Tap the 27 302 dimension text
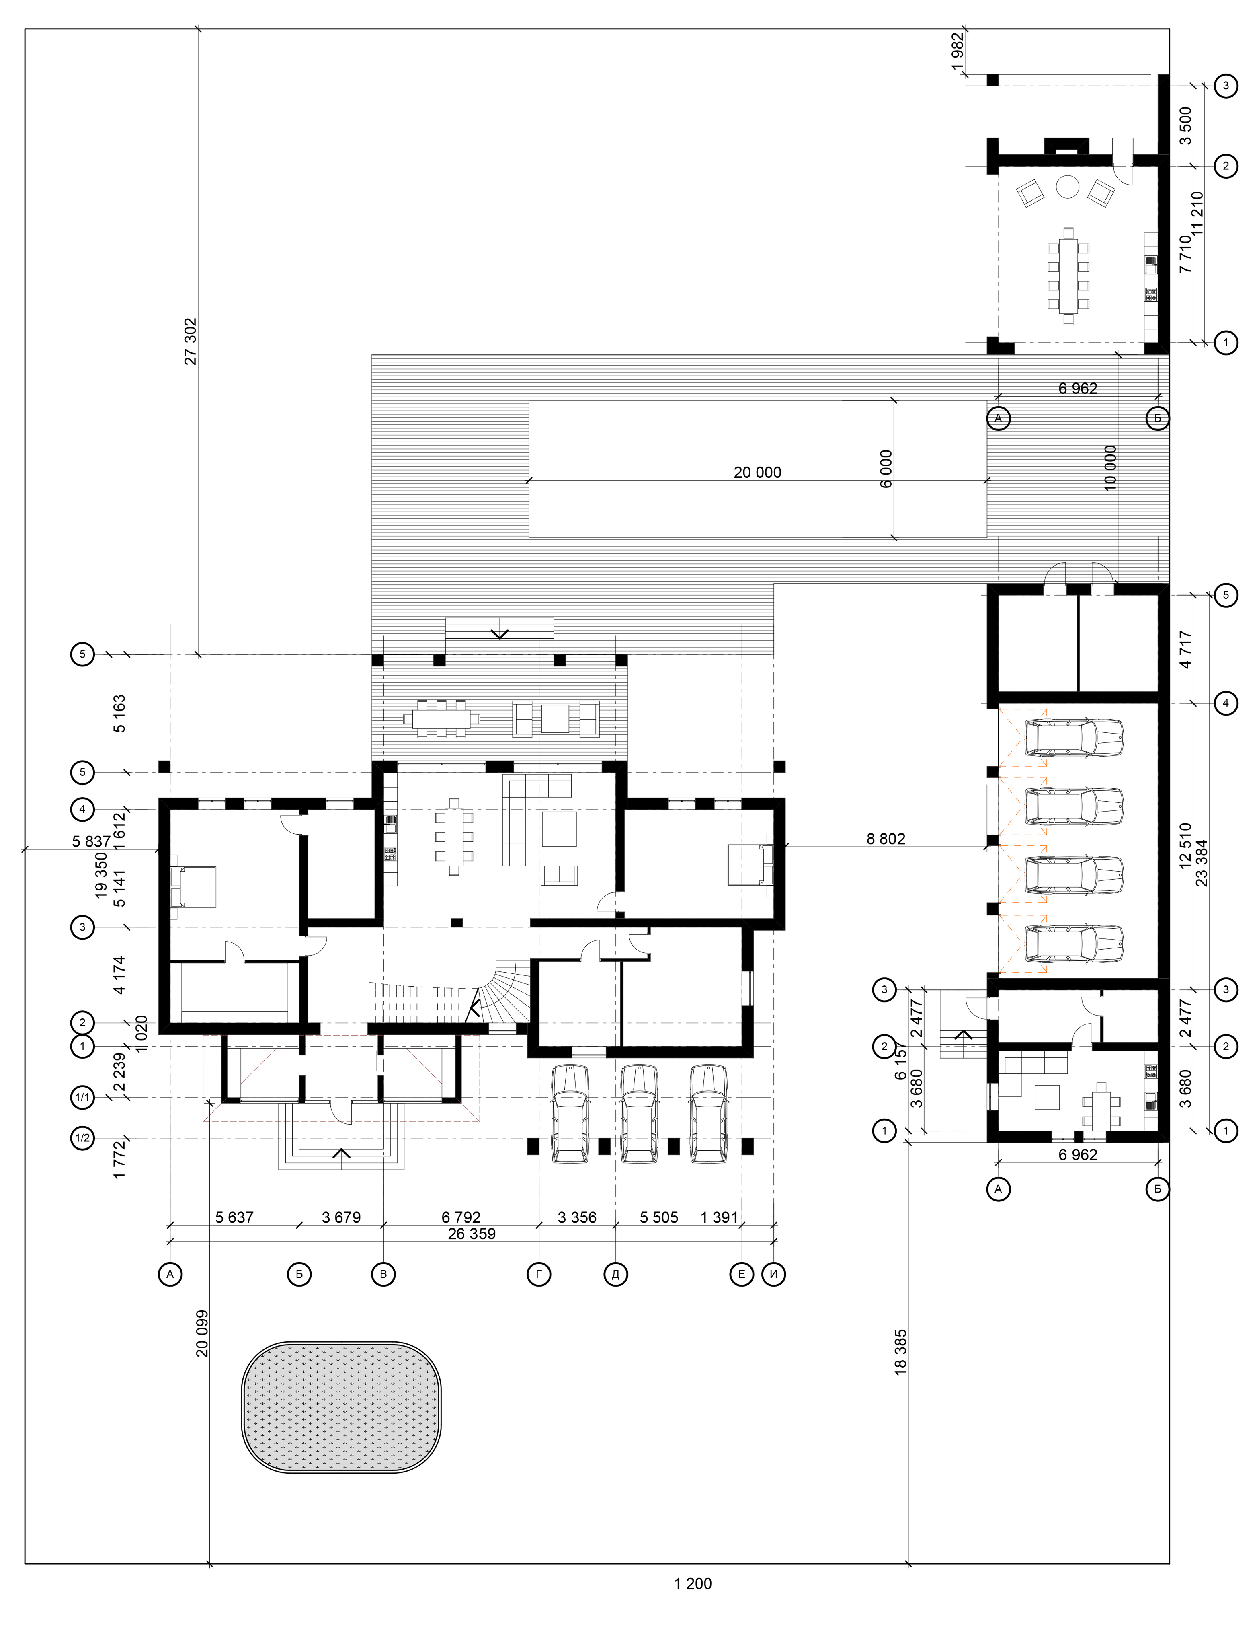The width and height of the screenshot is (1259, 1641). point(191,341)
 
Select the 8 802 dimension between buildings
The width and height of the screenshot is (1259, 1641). point(886,839)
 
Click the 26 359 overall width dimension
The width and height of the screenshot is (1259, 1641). point(472,1233)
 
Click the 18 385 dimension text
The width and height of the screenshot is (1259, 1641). point(901,1352)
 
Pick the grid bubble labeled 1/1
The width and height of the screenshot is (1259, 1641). point(82,1098)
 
